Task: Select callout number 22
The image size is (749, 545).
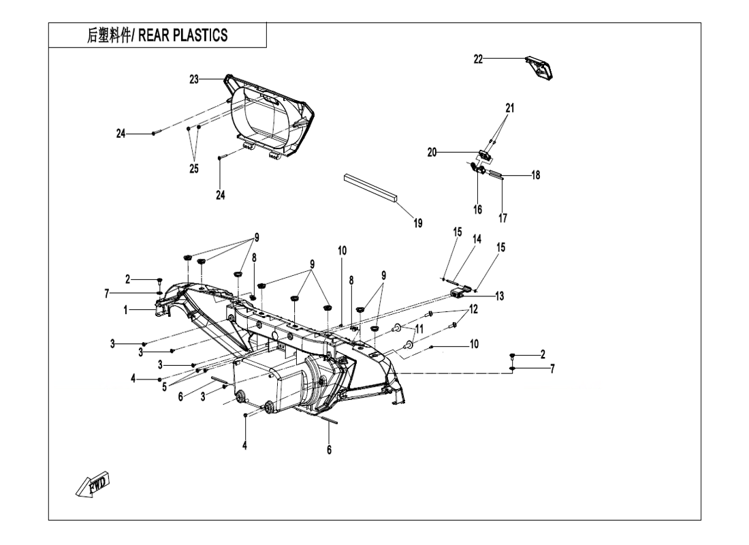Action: [x=479, y=59]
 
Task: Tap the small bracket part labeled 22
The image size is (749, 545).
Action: [x=541, y=67]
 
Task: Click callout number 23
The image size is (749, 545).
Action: [x=194, y=79]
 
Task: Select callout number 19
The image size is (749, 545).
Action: [x=417, y=223]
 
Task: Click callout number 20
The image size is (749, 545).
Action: [x=432, y=153]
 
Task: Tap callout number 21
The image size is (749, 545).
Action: [x=510, y=108]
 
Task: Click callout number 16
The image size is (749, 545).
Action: [x=478, y=210]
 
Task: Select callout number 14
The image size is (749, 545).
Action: [x=477, y=239]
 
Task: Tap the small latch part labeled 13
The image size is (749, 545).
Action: [x=461, y=292]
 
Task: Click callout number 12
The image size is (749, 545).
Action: [x=473, y=309]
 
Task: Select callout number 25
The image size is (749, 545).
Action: [x=194, y=169]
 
